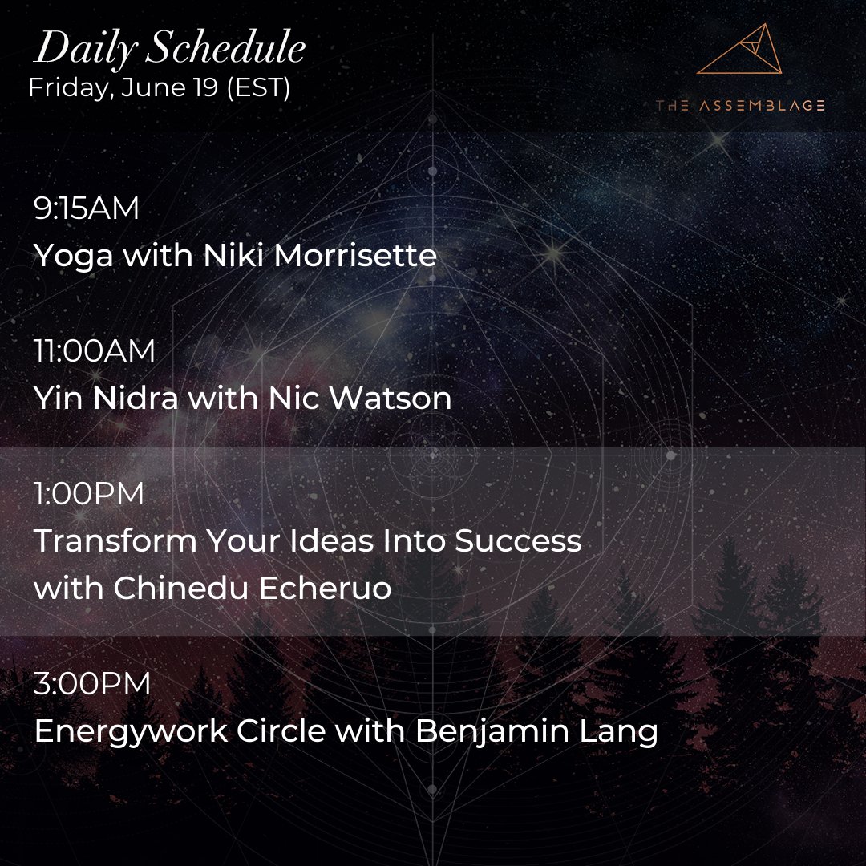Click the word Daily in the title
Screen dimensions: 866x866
(78, 51)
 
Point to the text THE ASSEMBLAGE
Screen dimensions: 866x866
(739, 105)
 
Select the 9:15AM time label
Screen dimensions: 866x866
(87, 208)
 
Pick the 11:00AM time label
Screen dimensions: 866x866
(95, 351)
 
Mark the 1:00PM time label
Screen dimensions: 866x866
(89, 494)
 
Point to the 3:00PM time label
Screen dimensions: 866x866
(92, 684)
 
